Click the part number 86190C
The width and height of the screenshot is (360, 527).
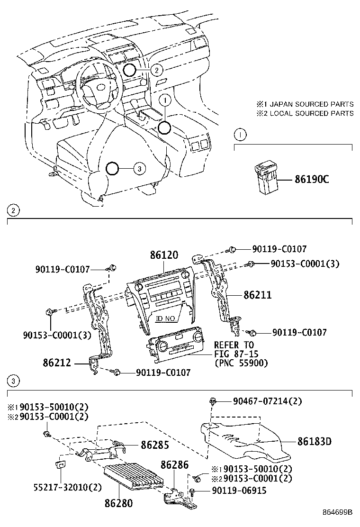(311, 180)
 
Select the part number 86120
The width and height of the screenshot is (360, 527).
(164, 255)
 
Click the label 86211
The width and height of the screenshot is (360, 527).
(258, 295)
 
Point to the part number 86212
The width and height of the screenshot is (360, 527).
(56, 363)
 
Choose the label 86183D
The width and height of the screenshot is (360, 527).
(315, 441)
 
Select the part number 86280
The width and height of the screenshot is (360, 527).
(118, 503)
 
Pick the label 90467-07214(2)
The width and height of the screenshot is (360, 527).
(267, 401)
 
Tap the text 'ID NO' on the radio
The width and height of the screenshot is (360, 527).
(166, 318)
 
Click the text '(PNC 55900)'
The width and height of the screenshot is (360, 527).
(241, 363)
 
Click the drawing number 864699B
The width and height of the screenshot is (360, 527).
(338, 512)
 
